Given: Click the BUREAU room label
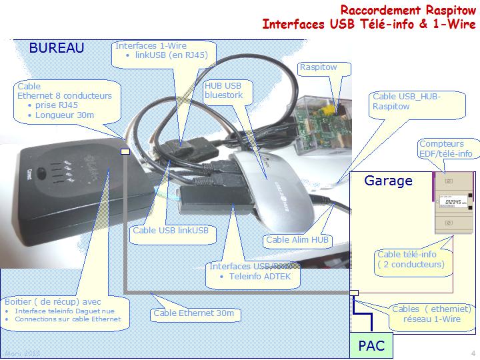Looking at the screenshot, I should pyautogui.click(x=56, y=48).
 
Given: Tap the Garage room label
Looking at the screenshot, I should pyautogui.click(x=388, y=181).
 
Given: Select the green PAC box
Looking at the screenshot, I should pyautogui.click(x=370, y=346).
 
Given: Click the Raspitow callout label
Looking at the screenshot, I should pyautogui.click(x=318, y=67).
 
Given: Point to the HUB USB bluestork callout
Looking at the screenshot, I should pyautogui.click(x=223, y=91).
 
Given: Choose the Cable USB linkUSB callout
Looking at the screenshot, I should pyautogui.click(x=171, y=231).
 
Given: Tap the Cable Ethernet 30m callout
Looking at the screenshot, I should pyautogui.click(x=193, y=313).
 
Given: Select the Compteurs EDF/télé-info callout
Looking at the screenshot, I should pyautogui.click(x=445, y=149).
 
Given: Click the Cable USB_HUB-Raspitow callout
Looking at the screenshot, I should pyautogui.click(x=406, y=101).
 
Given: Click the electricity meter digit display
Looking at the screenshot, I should pyautogui.click(x=455, y=201).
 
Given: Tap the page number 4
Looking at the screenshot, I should pyautogui.click(x=472, y=353).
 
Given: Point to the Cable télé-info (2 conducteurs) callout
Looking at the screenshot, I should pyautogui.click(x=410, y=259).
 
